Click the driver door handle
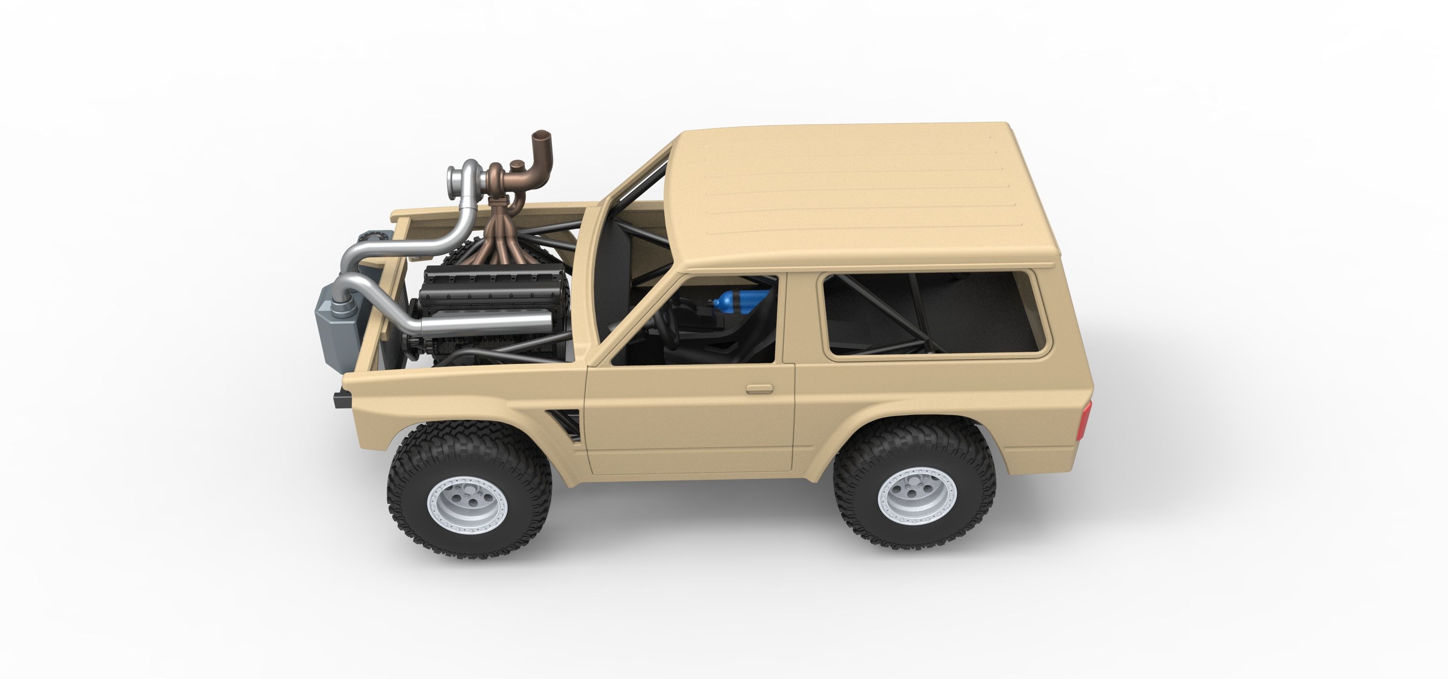point(759,389)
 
